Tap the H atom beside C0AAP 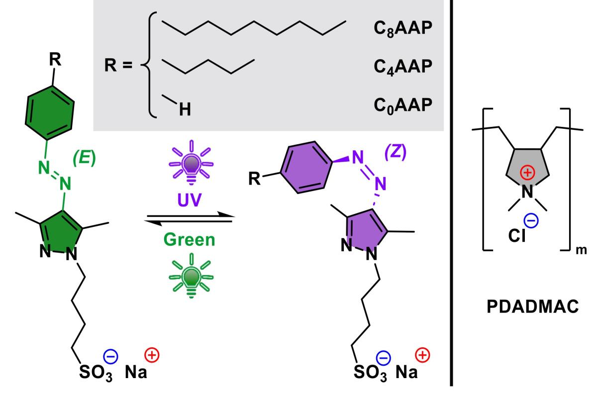point(185,111)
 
